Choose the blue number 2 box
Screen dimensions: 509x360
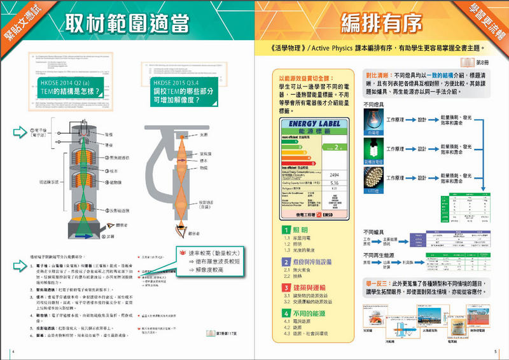[x=287, y=261]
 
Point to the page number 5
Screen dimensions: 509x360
[x=495, y=352]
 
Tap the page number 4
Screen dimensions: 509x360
[x=13, y=352]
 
